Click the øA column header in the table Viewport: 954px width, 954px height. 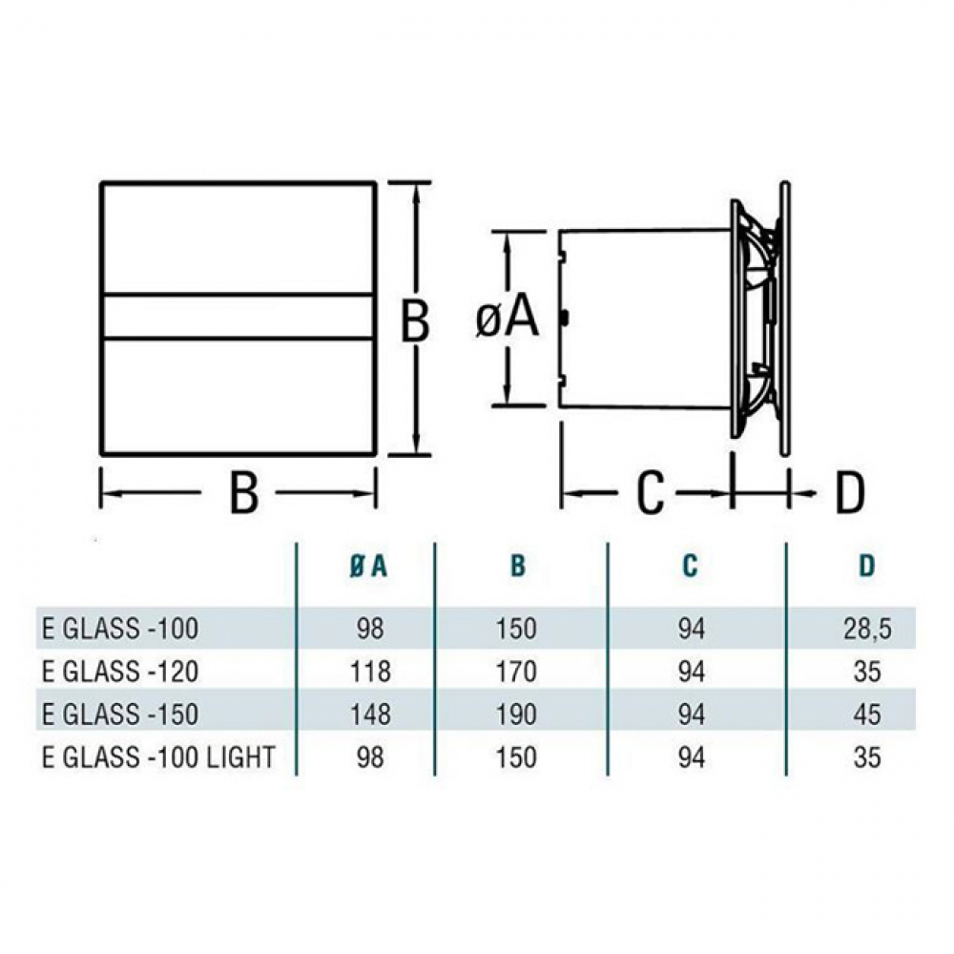coord(366,566)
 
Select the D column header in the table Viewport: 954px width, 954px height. coord(866,566)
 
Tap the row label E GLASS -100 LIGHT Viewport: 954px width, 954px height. coord(158,757)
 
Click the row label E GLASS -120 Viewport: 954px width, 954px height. coord(120,672)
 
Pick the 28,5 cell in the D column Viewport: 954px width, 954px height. coord(866,629)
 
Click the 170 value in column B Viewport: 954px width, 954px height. coord(517,672)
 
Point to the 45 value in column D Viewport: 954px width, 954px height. coord(866,715)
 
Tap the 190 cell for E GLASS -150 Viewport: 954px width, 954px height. coord(517,715)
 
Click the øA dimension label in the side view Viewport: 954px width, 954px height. coord(508,320)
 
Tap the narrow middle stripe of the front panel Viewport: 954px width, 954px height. coord(238,316)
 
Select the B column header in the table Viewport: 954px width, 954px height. coord(517,566)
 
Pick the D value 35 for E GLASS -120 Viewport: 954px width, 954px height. coord(866,672)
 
